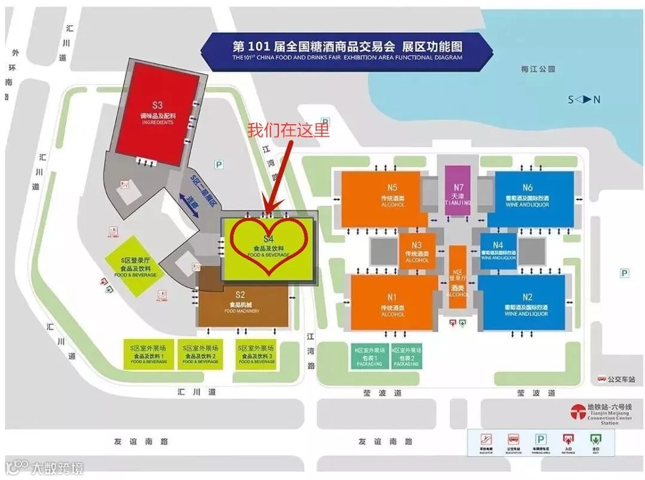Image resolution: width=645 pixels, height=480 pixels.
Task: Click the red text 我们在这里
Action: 288,130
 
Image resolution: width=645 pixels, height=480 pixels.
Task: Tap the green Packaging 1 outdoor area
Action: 368,356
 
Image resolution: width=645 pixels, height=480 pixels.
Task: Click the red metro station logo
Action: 578,412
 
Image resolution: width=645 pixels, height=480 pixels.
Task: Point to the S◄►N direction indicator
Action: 584,100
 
